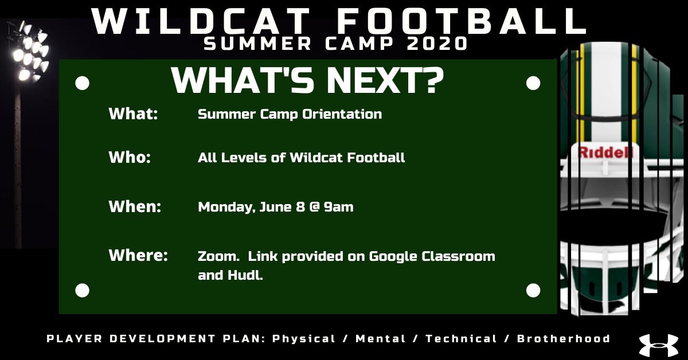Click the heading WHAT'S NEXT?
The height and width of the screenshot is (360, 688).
click(307, 81)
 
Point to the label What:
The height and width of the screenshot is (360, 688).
click(133, 114)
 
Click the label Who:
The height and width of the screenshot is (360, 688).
click(130, 157)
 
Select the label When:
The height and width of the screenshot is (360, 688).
click(135, 207)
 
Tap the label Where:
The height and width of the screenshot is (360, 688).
click(138, 256)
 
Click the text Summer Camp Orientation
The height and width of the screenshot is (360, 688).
click(290, 114)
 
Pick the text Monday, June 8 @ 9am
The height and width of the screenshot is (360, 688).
click(275, 207)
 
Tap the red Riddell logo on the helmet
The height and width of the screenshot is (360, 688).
click(605, 152)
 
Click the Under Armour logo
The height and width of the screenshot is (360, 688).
click(658, 345)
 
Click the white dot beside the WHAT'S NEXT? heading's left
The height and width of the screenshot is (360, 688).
click(83, 84)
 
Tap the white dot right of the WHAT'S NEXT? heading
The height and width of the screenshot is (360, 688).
click(533, 84)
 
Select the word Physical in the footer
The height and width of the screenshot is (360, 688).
click(303, 339)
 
